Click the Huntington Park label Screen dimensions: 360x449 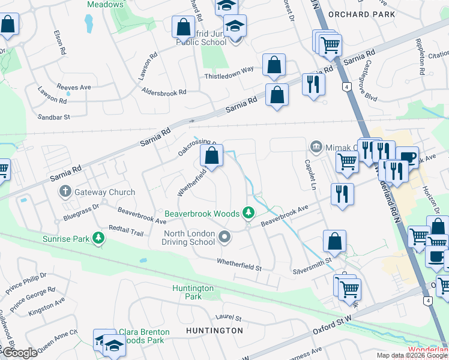pyautogui.click(x=193, y=292)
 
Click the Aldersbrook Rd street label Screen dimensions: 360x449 pyautogui.click(x=164, y=92)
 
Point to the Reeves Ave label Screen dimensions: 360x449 pyautogui.click(x=73, y=87)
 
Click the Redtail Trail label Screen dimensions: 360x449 pyautogui.click(x=126, y=230)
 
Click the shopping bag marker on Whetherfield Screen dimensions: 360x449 pyautogui.click(x=211, y=157)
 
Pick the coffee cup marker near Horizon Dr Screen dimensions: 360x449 pyautogui.click(x=407, y=157)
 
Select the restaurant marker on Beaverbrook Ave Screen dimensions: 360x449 pyautogui.click(x=342, y=194)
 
